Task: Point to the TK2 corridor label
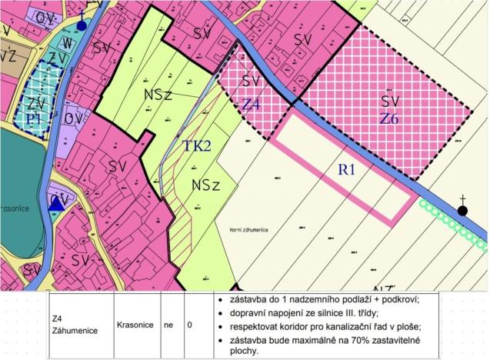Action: point(197,146)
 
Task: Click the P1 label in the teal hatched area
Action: point(31,118)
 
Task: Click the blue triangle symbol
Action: point(56,205)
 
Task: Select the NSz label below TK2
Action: point(207,185)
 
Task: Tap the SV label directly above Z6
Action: point(391,102)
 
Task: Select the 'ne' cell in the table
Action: point(168,324)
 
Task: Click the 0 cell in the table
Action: point(189,324)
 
